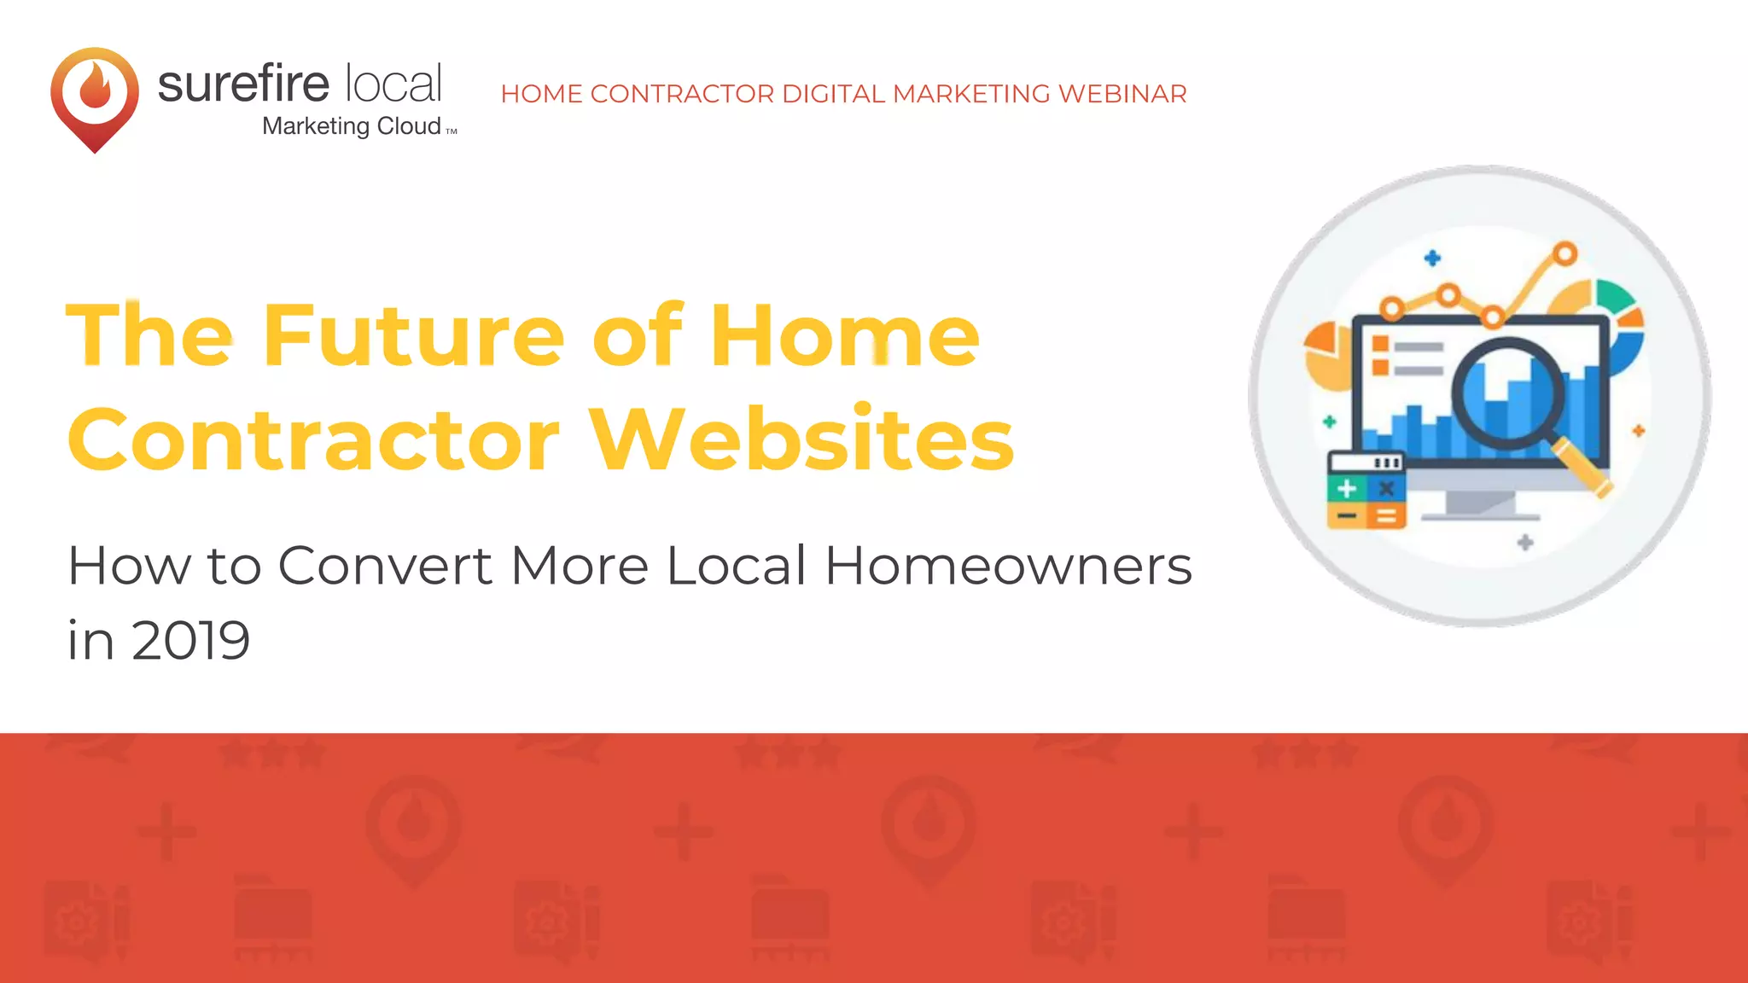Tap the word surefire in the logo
[x=243, y=84]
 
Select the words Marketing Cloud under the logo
[x=352, y=126]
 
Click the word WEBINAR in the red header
[x=1122, y=94]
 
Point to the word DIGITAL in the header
[x=833, y=94]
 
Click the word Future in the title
[x=413, y=336]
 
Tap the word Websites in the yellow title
[x=802, y=439]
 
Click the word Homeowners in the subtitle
[x=1008, y=566]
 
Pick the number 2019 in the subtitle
[x=191, y=640]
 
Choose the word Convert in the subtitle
[x=385, y=566]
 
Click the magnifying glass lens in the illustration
[x=1508, y=393]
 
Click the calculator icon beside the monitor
[x=1366, y=491]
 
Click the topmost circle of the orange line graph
[x=1564, y=253]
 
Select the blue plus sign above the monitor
[x=1432, y=258]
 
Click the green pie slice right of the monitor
[x=1613, y=296]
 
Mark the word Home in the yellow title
[x=845, y=336]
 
